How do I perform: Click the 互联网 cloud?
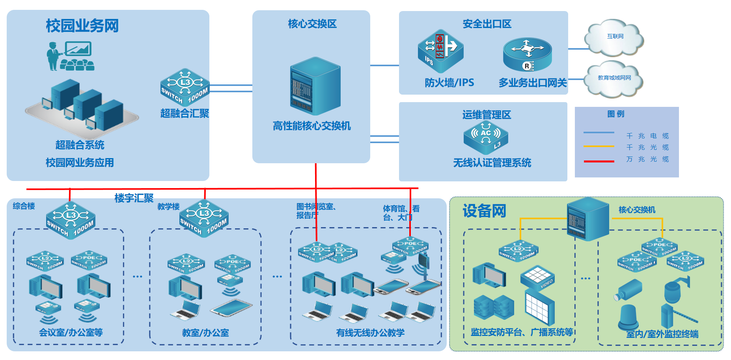(x=614, y=37)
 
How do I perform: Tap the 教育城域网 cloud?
(x=614, y=78)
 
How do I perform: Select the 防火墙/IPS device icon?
(x=440, y=50)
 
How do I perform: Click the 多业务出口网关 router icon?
(x=527, y=54)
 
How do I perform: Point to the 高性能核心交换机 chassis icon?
(x=315, y=86)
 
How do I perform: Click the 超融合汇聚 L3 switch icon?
(x=185, y=87)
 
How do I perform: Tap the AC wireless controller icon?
(x=486, y=137)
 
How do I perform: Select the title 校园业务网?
(x=82, y=26)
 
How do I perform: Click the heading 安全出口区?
(x=487, y=24)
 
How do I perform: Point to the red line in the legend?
(x=599, y=161)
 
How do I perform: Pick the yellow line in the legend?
(x=599, y=146)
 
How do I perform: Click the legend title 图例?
(x=615, y=114)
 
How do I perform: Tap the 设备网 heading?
(x=484, y=211)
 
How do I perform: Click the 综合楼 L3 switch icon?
(x=71, y=220)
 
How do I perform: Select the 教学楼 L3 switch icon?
(x=204, y=218)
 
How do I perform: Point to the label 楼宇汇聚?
(x=134, y=198)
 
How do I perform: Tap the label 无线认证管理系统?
(x=492, y=163)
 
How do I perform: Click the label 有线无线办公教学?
(x=370, y=333)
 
